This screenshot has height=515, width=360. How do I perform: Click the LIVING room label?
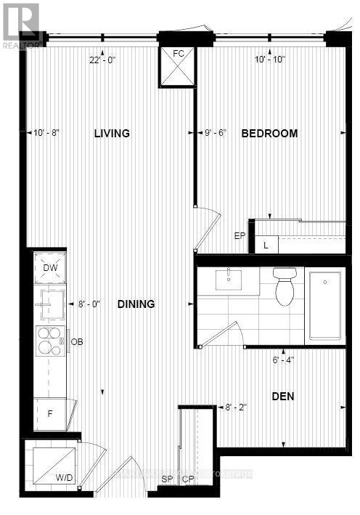(x=111, y=134)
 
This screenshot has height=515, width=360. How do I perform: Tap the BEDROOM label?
(x=269, y=134)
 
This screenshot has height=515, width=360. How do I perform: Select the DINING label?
(x=136, y=304)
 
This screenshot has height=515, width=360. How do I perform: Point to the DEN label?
(x=284, y=397)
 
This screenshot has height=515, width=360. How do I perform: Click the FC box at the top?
(x=178, y=65)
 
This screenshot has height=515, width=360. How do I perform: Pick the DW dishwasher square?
(x=51, y=268)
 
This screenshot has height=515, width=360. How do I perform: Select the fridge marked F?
(x=50, y=414)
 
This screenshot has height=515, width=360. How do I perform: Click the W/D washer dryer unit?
(x=50, y=466)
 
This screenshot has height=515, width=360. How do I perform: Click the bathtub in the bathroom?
(x=325, y=305)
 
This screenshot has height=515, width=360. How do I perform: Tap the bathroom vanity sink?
(x=229, y=280)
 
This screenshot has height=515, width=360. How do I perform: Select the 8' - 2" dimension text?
(x=237, y=408)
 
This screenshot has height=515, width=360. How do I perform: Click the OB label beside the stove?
(x=77, y=341)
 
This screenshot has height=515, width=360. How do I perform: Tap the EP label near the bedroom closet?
(x=240, y=235)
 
